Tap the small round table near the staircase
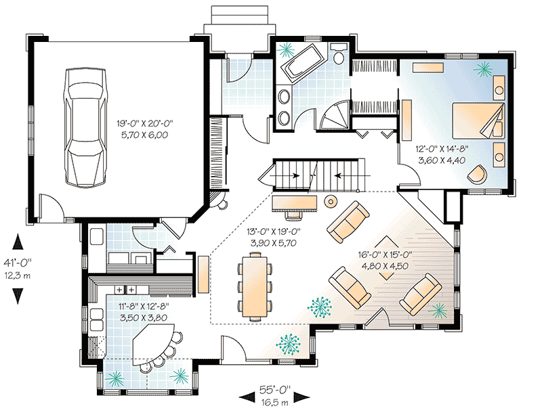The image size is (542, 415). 332,201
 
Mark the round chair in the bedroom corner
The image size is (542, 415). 478,173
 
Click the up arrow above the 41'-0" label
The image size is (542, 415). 18,242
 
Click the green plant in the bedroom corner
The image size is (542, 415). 483,68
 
